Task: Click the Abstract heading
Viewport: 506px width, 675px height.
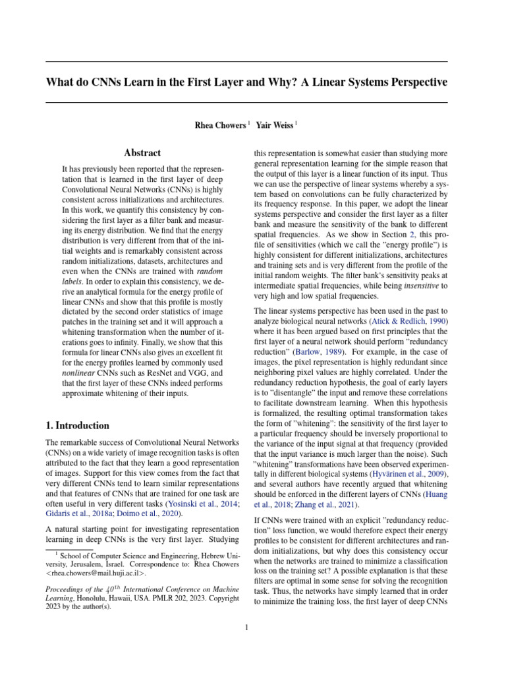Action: (142, 152)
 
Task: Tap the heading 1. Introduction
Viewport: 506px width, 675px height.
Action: (78, 425)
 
